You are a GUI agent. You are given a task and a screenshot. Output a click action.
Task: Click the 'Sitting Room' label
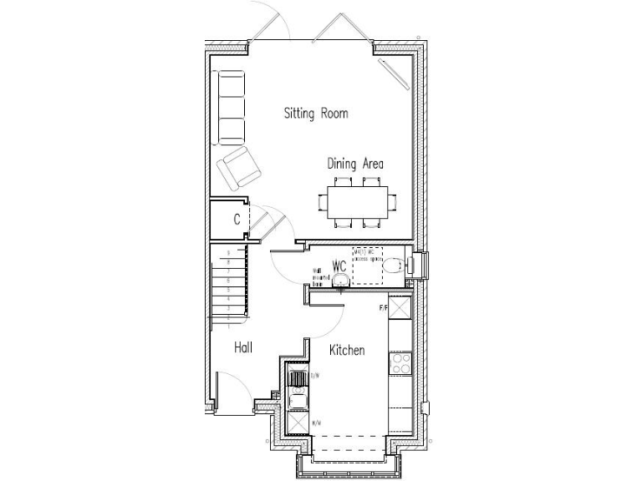315,113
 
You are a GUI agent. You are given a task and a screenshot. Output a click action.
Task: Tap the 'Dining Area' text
355,164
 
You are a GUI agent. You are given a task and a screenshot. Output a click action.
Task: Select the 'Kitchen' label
346,350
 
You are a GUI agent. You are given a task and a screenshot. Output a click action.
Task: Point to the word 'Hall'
243,347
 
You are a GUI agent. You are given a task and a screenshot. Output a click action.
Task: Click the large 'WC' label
339,266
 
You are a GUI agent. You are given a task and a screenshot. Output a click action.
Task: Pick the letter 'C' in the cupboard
237,220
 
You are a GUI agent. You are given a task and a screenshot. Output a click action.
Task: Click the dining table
357,201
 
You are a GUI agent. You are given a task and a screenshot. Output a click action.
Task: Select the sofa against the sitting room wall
232,108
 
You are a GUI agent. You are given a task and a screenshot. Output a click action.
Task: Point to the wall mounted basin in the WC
339,282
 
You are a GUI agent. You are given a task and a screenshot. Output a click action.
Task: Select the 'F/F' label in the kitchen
384,309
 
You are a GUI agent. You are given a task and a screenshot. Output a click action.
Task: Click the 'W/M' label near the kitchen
316,424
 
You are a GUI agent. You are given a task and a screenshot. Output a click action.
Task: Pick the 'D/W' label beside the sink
314,376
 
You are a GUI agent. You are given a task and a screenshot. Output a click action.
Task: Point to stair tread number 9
229,251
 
